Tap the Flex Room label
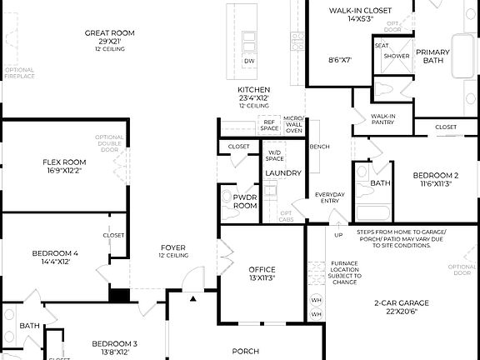(64, 162)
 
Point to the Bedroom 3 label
(114, 343)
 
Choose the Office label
(262, 269)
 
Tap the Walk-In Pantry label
(382, 119)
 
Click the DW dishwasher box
(248, 62)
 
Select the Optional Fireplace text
(19, 73)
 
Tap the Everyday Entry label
(329, 197)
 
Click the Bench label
(319, 147)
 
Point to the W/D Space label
(275, 156)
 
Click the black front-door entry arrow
(192, 298)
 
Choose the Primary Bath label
(432, 56)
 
